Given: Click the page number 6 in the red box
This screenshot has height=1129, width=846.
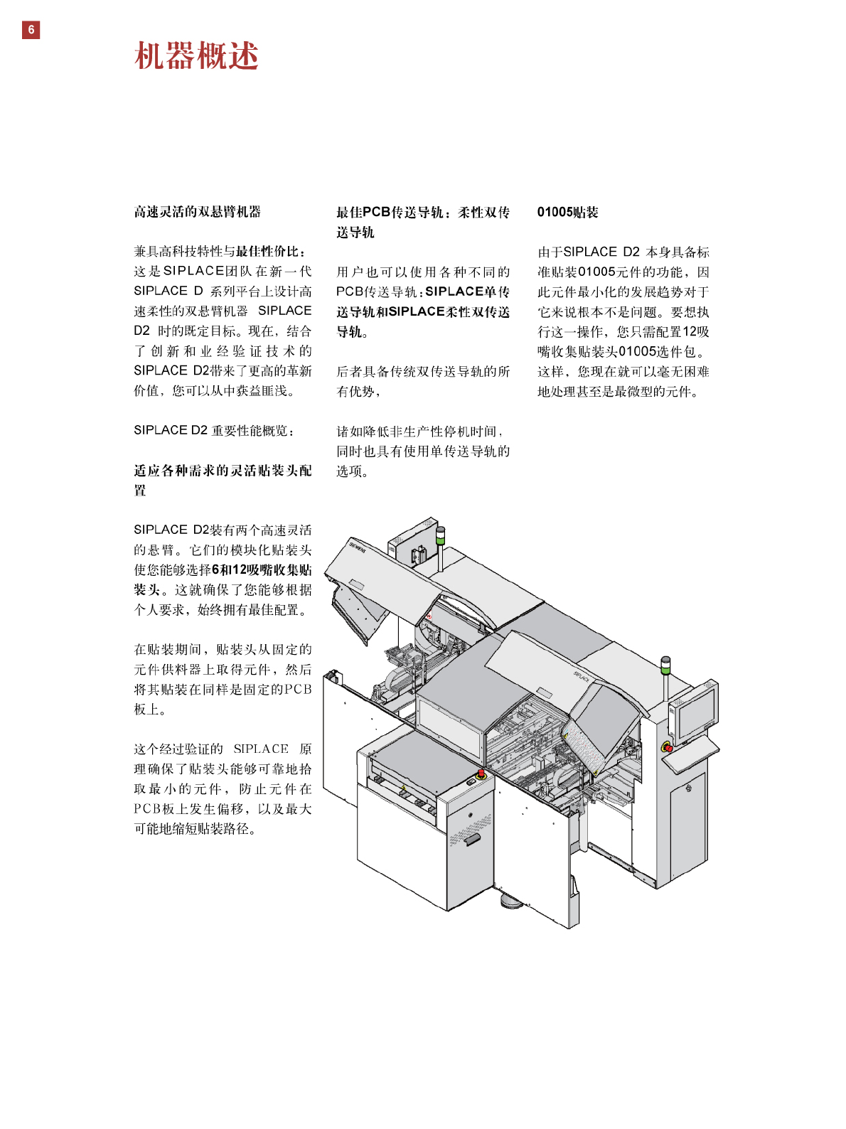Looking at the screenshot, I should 31,30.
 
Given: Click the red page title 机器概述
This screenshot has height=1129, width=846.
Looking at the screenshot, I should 196,56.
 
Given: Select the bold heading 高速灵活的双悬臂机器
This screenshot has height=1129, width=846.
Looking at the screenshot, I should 198,212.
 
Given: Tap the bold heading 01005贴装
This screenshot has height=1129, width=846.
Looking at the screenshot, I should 567,212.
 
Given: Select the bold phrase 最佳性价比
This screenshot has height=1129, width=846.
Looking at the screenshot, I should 267,252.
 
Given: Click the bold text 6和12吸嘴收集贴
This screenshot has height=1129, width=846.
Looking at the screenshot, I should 262,570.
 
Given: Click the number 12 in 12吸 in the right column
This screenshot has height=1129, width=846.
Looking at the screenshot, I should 690,332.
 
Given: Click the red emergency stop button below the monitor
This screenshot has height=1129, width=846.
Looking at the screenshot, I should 667,747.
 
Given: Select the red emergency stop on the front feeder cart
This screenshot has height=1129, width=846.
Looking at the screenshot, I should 481,773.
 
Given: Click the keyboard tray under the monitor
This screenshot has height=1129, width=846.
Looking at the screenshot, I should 690,754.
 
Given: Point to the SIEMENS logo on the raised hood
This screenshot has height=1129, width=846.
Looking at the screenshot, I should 357,547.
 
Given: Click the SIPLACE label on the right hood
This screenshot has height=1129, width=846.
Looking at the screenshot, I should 582,676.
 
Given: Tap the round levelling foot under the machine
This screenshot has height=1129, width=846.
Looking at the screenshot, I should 513,903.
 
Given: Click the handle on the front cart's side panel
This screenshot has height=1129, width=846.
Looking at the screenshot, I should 472,840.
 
